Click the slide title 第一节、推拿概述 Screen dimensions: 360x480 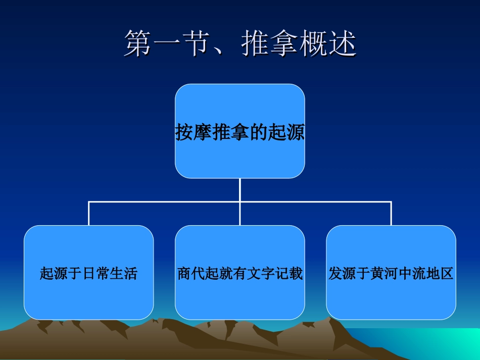pos(240,44)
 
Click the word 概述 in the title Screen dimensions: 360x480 pos(328,44)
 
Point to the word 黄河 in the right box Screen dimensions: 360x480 pos(385,274)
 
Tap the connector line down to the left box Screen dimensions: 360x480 pos(89,214)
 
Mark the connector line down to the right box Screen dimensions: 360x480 pos(391,214)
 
